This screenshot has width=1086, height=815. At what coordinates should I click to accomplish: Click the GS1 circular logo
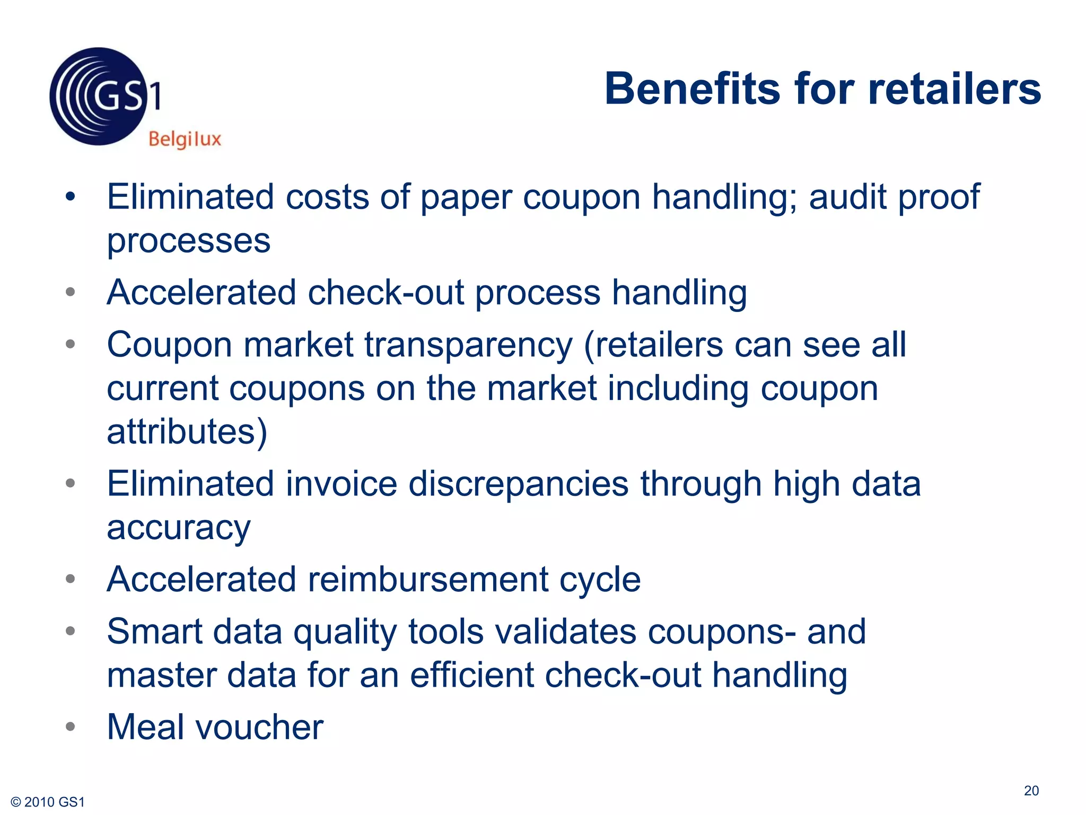pyautogui.click(x=99, y=97)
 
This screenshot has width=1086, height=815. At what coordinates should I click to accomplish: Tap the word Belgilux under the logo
pyautogui.click(x=185, y=139)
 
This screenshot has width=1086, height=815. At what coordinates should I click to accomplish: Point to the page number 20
pyautogui.click(x=1031, y=791)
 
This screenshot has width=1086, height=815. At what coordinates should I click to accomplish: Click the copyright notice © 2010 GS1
pyautogui.click(x=48, y=802)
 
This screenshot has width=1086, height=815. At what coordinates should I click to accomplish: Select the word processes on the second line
pyautogui.click(x=189, y=241)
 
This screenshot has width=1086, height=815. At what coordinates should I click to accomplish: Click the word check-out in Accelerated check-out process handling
pyautogui.click(x=386, y=292)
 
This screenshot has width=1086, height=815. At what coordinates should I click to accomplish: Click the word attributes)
pyautogui.click(x=187, y=431)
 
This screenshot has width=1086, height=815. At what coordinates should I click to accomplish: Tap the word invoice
pyautogui.click(x=341, y=484)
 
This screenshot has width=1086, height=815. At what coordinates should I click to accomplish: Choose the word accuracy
pyautogui.click(x=179, y=528)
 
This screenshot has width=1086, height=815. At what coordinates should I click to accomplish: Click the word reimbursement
pyautogui.click(x=428, y=579)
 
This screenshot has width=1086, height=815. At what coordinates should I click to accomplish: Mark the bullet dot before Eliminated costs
pyautogui.click(x=70, y=197)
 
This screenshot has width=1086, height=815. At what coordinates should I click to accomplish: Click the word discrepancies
pyautogui.click(x=519, y=484)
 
